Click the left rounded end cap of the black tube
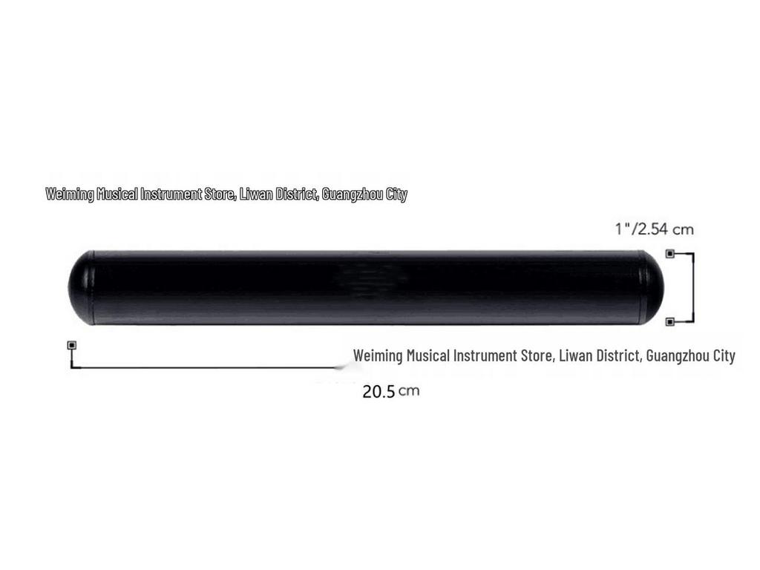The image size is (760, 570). coord(80,288)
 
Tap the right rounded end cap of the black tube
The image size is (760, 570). coord(652,288)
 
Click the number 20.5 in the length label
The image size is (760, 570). coord(379,392)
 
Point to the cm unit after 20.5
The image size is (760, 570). coord(409,390)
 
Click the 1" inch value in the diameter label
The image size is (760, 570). coord(623,229)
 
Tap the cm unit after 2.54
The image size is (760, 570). coord(684,229)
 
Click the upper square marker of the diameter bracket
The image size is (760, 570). coord(670,254)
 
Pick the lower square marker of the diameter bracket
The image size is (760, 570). coord(670,321)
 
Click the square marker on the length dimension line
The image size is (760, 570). coord(72,345)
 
